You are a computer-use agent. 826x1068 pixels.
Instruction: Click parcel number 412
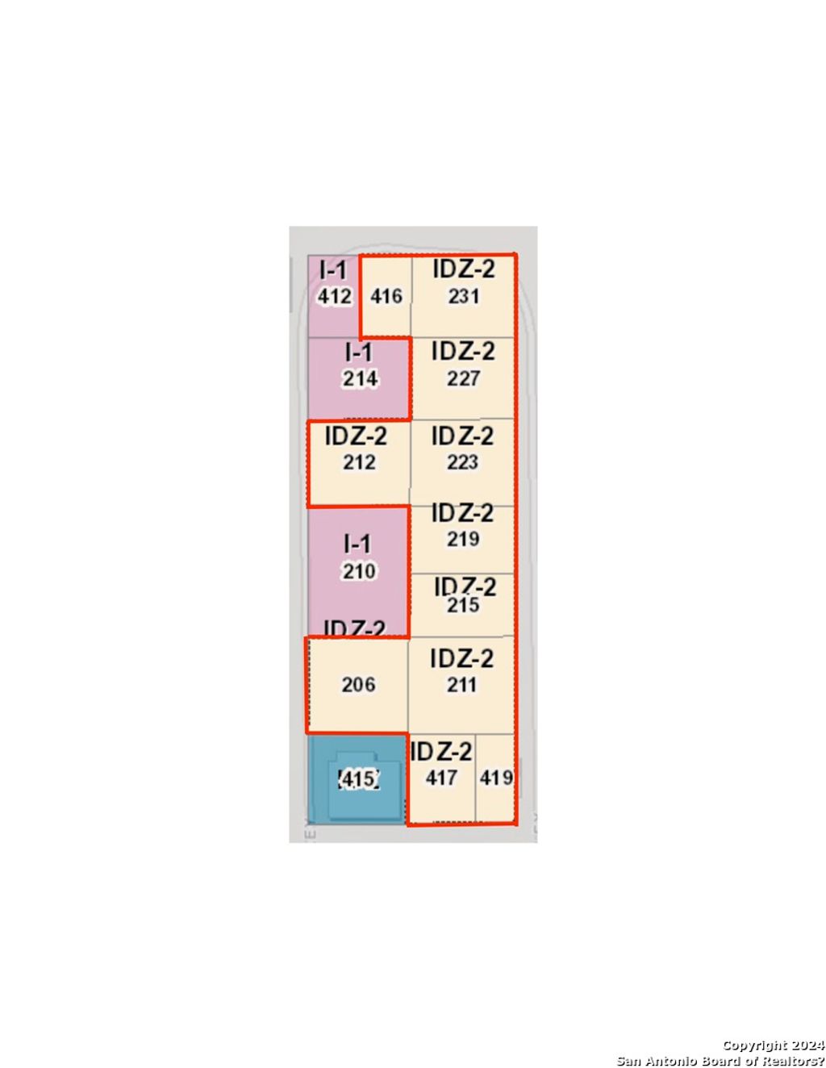(x=334, y=296)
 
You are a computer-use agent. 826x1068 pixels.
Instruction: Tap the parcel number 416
(x=386, y=296)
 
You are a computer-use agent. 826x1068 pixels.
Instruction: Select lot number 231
(x=464, y=296)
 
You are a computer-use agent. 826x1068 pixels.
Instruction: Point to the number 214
(x=360, y=378)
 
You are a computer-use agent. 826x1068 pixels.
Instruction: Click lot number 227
(x=464, y=378)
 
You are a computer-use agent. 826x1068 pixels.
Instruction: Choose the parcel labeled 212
(x=359, y=462)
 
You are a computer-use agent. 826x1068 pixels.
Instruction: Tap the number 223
(x=463, y=462)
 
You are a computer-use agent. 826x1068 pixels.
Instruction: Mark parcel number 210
(x=359, y=571)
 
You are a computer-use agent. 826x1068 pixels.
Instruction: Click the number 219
(x=463, y=539)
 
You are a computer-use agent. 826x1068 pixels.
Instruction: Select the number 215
(x=463, y=605)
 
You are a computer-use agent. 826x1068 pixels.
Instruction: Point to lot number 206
(x=358, y=685)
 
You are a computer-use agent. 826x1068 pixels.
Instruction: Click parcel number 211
(x=462, y=685)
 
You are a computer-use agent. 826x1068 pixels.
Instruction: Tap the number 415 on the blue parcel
(x=358, y=779)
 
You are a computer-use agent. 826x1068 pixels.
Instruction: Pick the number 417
(x=441, y=778)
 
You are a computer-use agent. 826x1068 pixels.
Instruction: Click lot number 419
(x=496, y=778)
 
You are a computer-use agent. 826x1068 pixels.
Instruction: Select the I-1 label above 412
(x=333, y=269)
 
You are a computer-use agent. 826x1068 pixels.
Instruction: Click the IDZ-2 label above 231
(x=464, y=269)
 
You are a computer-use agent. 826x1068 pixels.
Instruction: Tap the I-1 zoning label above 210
(x=357, y=544)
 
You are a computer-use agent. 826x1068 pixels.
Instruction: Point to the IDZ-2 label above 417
(x=441, y=752)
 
